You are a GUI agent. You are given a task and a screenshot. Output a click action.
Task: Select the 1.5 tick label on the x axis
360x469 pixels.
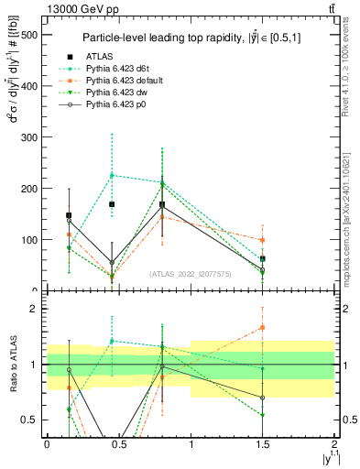[x=263, y=443]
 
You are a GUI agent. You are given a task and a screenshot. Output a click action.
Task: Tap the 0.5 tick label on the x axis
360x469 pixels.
[x=118, y=443]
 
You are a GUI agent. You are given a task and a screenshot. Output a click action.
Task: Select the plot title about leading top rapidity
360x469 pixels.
[x=190, y=38]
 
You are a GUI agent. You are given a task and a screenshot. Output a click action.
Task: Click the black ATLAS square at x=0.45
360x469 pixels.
[x=112, y=204]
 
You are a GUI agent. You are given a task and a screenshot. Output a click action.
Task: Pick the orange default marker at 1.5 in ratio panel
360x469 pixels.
[x=263, y=327]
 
